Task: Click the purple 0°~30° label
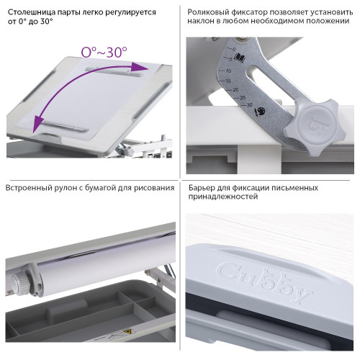pyautogui.click(x=104, y=52)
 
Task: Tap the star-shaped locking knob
pyautogui.click(x=315, y=127)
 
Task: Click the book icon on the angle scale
pyautogui.click(x=240, y=58)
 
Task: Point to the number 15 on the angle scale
pyautogui.click(x=228, y=81)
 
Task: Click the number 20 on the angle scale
pyautogui.click(x=235, y=89)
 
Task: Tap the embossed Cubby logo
pyautogui.click(x=264, y=282)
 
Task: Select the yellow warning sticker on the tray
pyautogui.click(x=127, y=331)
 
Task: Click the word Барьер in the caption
pyautogui.click(x=201, y=187)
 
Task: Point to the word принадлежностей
pyautogui.click(x=223, y=197)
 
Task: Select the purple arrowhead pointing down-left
pyautogui.click(x=38, y=123)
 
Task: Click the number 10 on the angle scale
pyautogui.click(x=228, y=71)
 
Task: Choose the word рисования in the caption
pyautogui.click(x=154, y=188)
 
